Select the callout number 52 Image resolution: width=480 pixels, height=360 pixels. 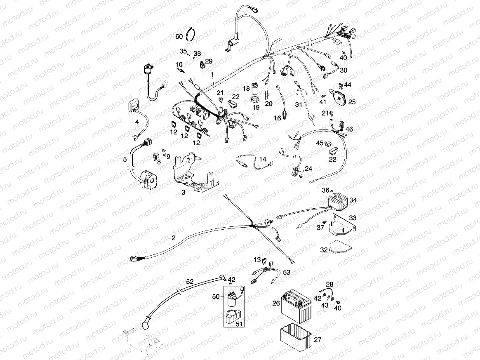(x=189, y=282)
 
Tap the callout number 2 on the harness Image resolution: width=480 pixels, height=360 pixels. (x=173, y=238)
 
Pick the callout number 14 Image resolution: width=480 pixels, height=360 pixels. (x=263, y=159)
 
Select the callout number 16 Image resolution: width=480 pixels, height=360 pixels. (x=278, y=118)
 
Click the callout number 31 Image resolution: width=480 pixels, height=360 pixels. (x=299, y=105)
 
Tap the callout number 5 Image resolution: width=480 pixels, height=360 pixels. (x=125, y=159)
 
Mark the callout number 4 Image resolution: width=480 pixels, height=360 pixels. (x=137, y=122)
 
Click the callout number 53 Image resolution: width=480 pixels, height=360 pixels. (x=287, y=272)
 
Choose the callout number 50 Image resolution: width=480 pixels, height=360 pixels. (x=216, y=296)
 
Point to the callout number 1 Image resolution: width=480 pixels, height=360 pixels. (x=212, y=74)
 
